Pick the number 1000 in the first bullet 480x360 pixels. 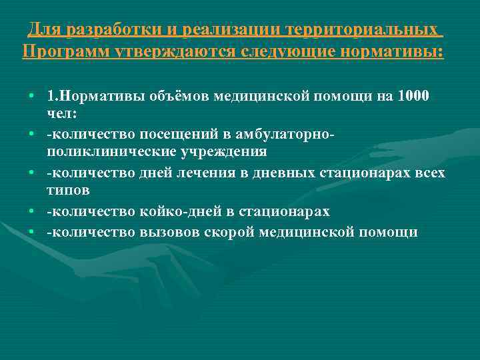(413, 96)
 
